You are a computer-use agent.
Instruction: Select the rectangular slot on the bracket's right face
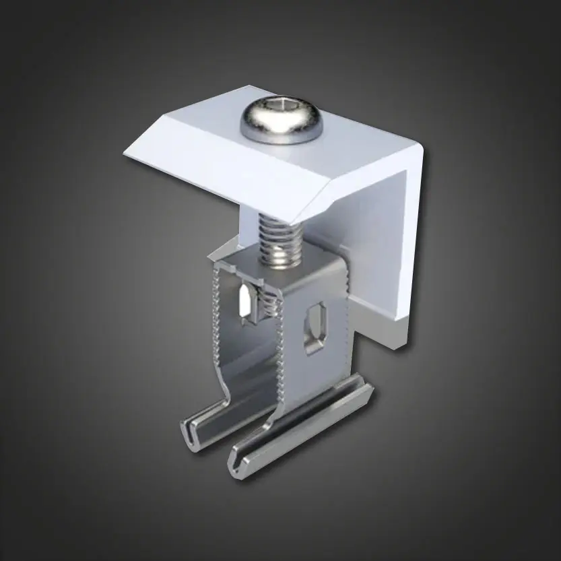tap(315, 327)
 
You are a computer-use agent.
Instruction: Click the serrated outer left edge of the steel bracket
tap(216, 317)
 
